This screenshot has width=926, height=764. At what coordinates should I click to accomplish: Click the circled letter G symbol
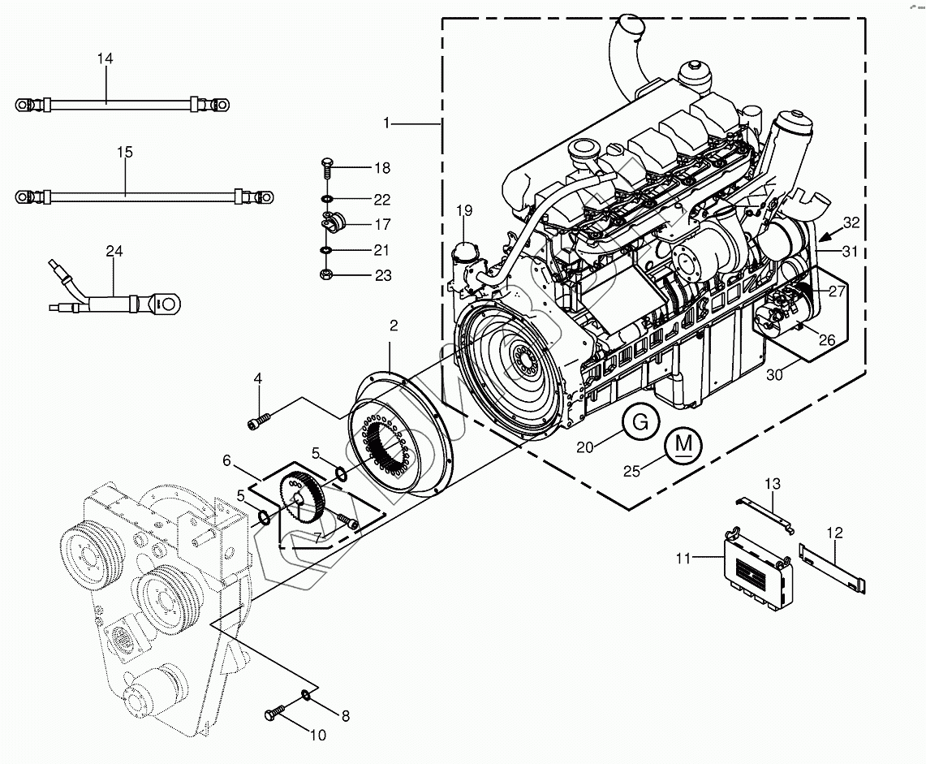click(x=640, y=422)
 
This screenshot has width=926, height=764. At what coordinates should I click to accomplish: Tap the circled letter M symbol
click(x=684, y=445)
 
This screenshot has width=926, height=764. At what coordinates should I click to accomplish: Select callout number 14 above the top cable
click(x=106, y=59)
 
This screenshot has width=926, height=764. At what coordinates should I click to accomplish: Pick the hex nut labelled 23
click(x=326, y=275)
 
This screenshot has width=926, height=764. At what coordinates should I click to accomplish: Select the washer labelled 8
click(x=306, y=694)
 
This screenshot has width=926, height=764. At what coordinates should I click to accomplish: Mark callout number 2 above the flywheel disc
click(x=394, y=326)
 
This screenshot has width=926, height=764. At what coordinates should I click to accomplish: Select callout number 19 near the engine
click(x=463, y=212)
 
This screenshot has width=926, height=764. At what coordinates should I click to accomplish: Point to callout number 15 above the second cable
click(x=124, y=152)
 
